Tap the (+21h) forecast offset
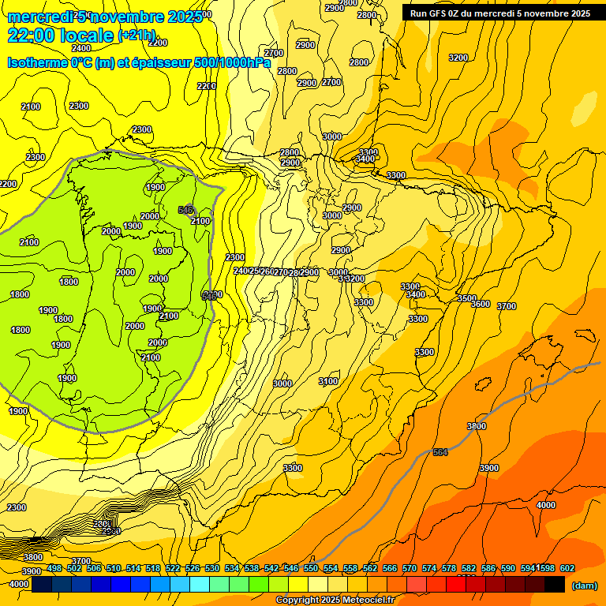[x=137, y=36]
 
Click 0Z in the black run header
[x=462, y=13]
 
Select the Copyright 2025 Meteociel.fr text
[x=334, y=600]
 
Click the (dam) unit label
[x=584, y=585]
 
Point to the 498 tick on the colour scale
[x=54, y=568]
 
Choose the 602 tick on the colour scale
[x=567, y=568]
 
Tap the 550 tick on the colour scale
[x=311, y=568]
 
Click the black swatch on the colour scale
[x=555, y=584]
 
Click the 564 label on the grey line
[x=440, y=452]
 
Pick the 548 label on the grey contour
[x=186, y=210]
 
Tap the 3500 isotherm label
[x=467, y=298]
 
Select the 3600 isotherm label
[x=480, y=304]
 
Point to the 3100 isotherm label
[x=328, y=381]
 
